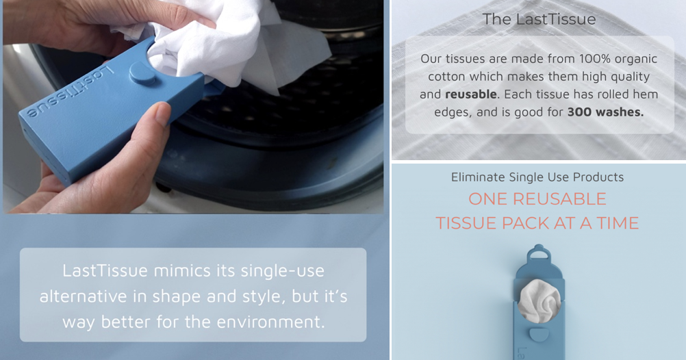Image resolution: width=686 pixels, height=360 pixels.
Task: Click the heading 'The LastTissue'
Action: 539,19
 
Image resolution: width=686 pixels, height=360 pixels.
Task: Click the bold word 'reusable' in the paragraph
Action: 470,94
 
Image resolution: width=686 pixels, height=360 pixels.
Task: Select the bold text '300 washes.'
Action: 605,112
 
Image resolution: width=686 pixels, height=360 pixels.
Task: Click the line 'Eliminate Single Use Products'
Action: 537,177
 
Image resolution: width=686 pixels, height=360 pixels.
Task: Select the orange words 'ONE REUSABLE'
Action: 537,199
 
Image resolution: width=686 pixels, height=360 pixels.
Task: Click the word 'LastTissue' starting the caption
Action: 105,270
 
